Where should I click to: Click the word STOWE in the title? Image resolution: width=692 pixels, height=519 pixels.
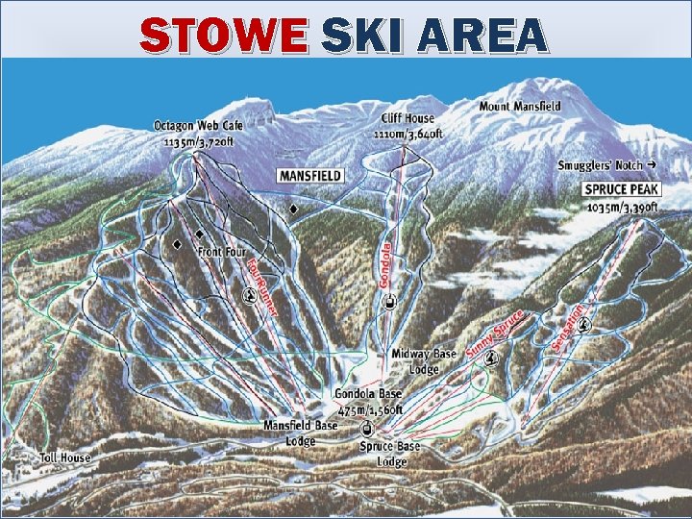(x=223, y=37)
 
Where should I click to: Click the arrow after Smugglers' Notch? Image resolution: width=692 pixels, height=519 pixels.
(x=652, y=165)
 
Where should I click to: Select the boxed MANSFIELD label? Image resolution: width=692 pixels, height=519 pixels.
(x=310, y=176)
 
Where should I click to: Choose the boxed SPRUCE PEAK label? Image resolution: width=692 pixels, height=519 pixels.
(x=622, y=189)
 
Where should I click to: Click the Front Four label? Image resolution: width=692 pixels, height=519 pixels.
(x=222, y=252)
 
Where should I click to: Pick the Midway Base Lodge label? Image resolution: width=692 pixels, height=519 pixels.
(x=423, y=360)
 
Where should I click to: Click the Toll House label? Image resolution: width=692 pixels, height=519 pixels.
(x=65, y=457)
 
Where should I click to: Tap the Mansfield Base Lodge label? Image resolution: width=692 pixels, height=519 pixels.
(x=300, y=432)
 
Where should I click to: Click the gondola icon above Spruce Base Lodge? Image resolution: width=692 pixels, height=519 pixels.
(x=366, y=428)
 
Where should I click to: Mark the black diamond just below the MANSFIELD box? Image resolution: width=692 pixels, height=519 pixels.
(x=293, y=209)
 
